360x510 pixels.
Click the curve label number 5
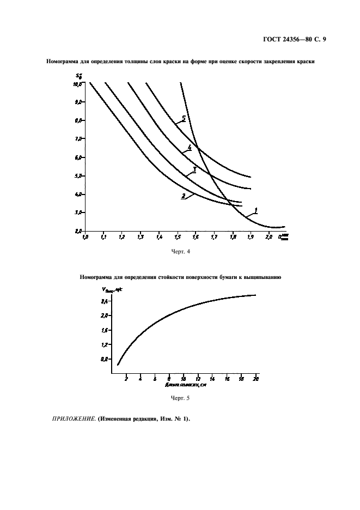184,118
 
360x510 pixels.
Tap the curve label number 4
189,148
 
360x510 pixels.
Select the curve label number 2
184,196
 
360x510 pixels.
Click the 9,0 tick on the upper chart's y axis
77,102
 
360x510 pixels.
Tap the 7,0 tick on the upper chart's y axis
77,139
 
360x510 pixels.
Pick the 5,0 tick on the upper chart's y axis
77,176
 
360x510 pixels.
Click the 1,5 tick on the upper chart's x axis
178,238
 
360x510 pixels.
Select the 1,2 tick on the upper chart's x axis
122,238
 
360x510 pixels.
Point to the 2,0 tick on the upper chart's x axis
269,238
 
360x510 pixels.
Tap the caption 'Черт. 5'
180,398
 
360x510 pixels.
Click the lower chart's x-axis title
185,385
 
